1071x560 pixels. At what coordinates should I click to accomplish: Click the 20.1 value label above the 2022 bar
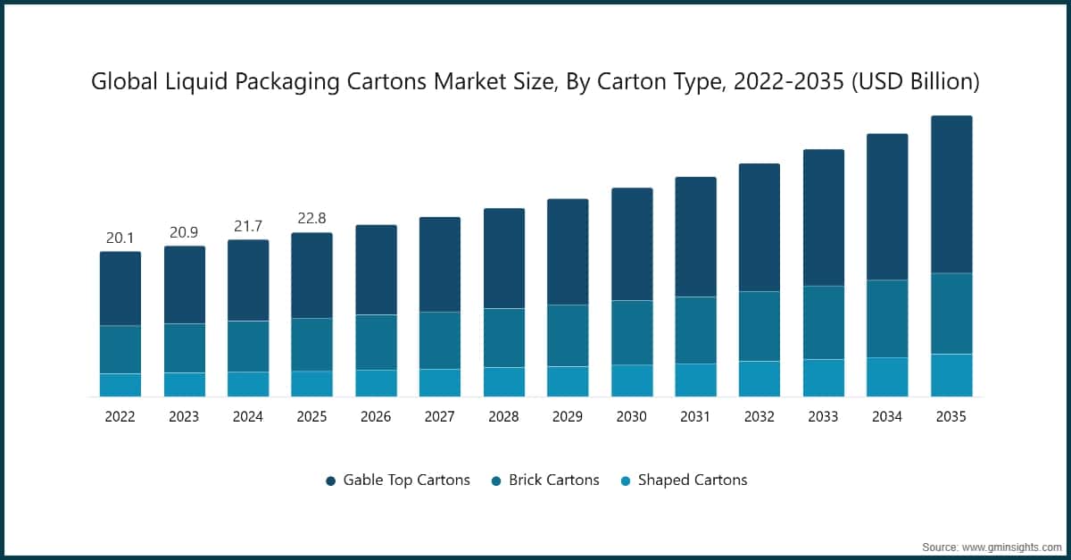120,238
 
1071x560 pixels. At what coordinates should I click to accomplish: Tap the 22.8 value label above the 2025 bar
311,220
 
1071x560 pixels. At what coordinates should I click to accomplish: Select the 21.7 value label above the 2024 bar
247,227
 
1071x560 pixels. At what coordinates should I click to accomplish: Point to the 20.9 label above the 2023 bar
184,232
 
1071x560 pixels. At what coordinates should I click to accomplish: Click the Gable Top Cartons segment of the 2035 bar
951,194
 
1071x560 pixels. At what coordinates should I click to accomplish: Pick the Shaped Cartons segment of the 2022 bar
120,385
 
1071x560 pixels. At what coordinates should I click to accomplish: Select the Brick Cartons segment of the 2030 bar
632,332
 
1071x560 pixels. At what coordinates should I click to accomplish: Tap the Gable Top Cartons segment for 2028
503,258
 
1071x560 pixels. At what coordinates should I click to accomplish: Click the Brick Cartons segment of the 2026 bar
376,342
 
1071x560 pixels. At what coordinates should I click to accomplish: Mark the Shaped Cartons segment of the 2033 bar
824,378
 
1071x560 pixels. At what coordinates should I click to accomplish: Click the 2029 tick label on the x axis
568,417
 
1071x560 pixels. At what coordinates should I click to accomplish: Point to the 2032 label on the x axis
760,417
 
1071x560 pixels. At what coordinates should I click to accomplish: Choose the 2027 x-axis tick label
440,417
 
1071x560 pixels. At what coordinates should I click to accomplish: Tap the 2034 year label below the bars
887,417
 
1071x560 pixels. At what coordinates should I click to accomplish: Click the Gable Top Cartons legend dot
330,481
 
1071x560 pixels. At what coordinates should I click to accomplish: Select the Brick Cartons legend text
553,480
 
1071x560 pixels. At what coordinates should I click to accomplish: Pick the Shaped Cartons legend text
692,480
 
